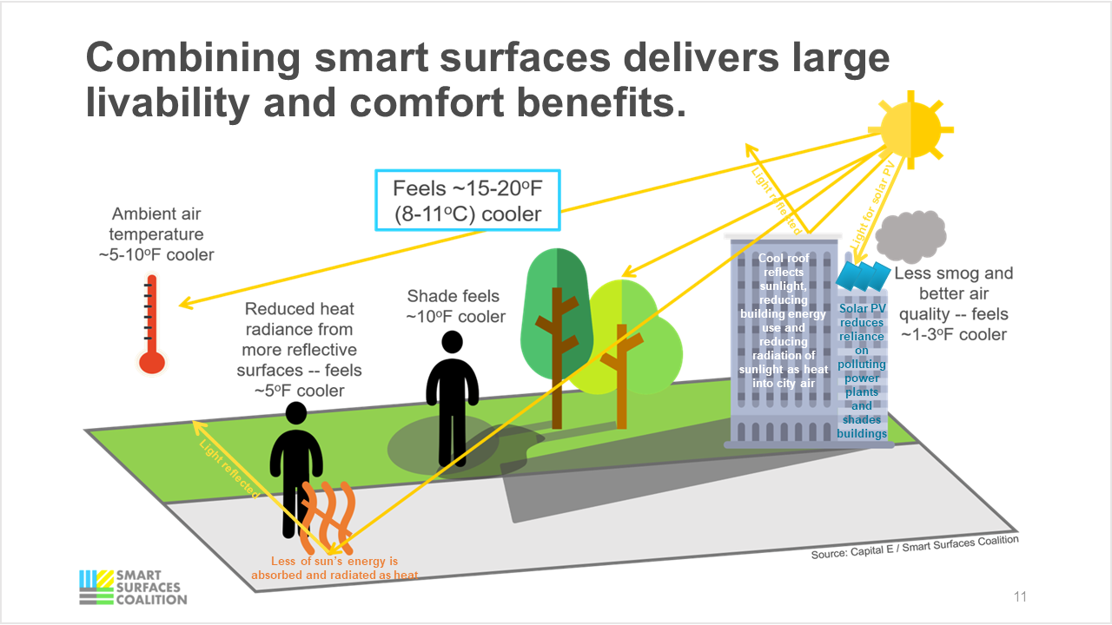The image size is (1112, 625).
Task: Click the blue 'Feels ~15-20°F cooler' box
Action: coord(467,200)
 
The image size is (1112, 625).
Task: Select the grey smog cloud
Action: coord(910,233)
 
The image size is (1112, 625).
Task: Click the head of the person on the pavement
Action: coord(296,415)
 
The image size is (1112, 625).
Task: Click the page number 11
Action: coord(1020,597)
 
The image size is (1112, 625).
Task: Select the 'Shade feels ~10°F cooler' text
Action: coord(455,306)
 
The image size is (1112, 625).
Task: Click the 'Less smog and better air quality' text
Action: coord(953,304)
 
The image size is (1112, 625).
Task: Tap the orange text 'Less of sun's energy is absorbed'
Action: coord(334,568)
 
